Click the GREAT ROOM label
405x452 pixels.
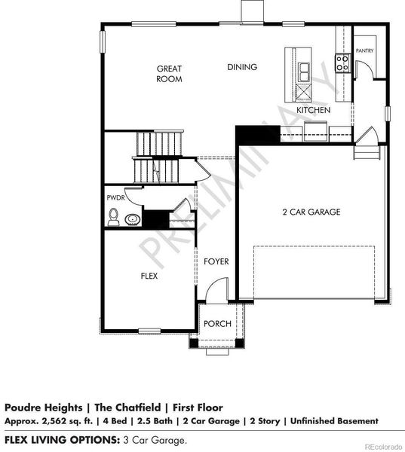click(x=169, y=73)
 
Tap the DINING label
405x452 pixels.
click(x=242, y=67)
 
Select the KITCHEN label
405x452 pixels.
click(x=313, y=110)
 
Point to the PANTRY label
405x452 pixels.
click(x=365, y=50)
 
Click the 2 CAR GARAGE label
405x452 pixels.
click(x=311, y=212)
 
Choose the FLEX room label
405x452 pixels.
click(x=149, y=276)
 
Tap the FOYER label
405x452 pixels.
click(x=216, y=261)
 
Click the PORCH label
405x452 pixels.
click(x=217, y=324)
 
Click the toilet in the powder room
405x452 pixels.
click(x=114, y=218)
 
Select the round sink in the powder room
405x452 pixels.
click(x=133, y=220)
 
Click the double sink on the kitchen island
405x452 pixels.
click(x=305, y=72)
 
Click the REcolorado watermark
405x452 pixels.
click(x=383, y=446)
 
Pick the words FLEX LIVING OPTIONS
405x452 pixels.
click(x=60, y=438)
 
